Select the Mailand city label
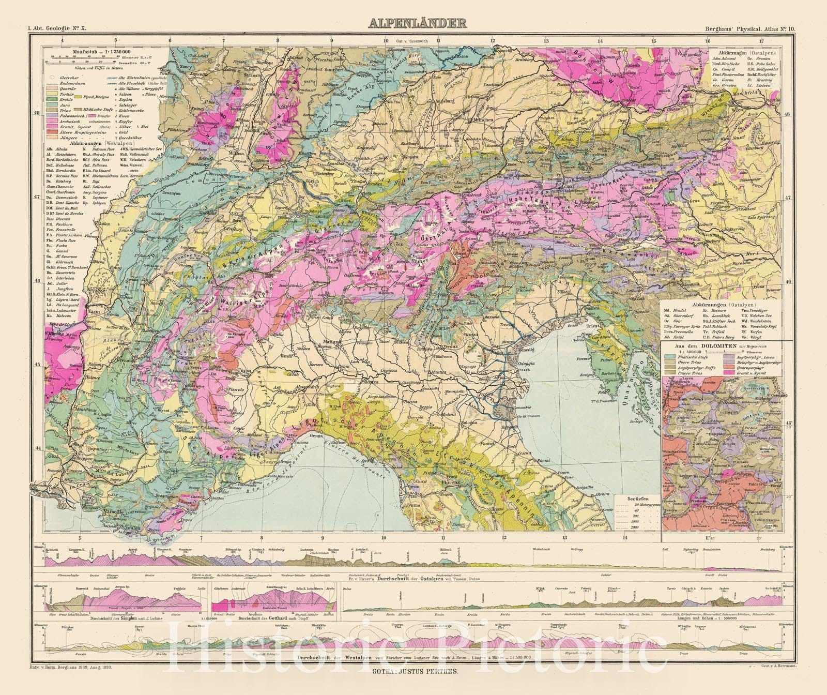click(334, 342)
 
